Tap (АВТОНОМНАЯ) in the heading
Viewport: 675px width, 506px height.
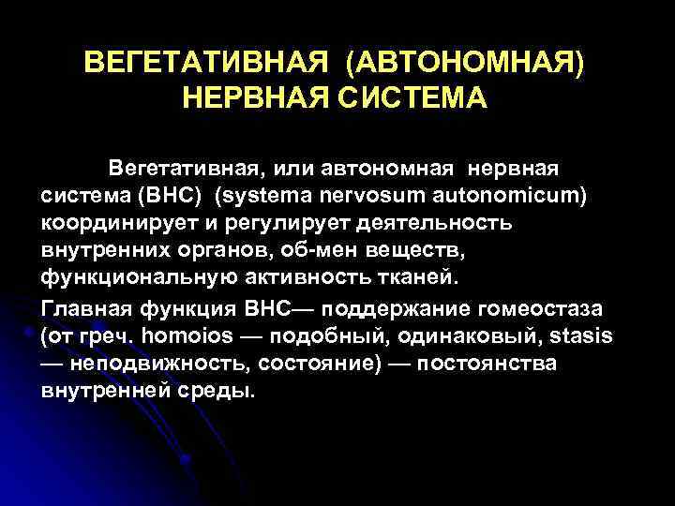coord(464,64)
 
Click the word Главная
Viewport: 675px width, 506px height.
coord(82,308)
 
